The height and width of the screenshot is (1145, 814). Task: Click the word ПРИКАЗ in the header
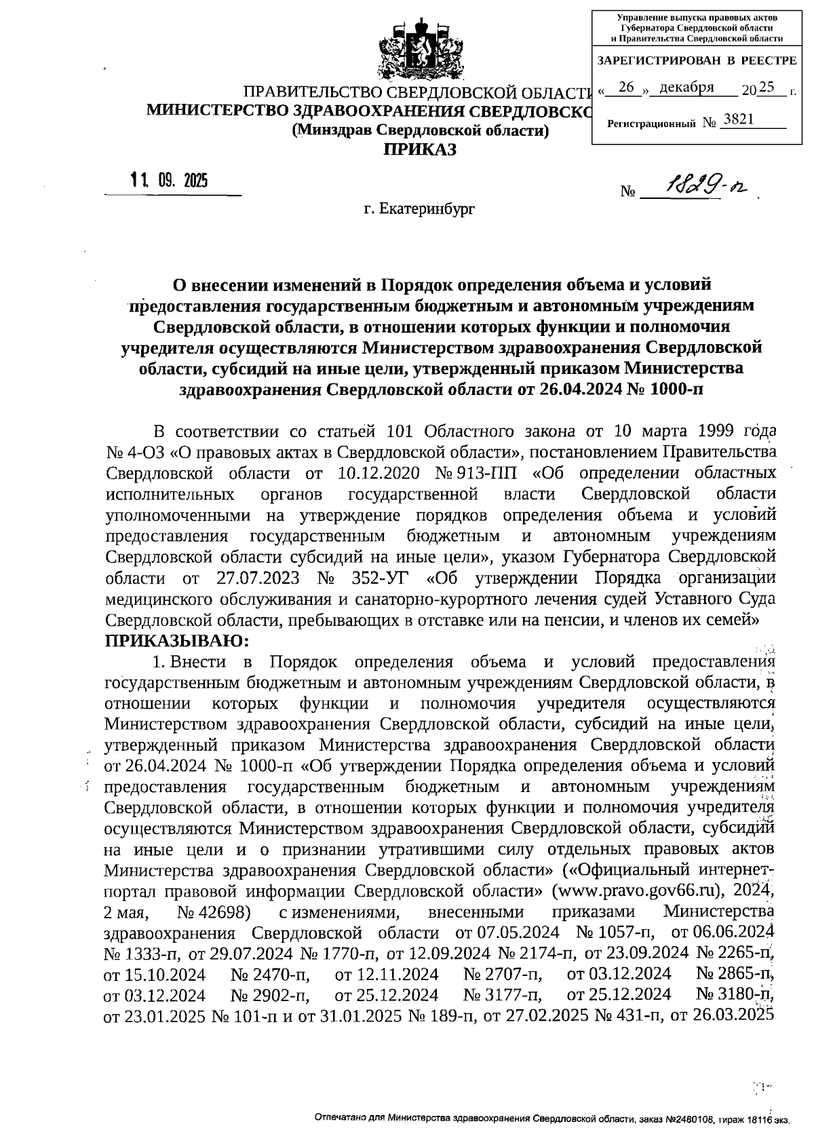(x=420, y=149)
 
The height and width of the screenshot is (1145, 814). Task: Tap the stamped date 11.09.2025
(x=170, y=181)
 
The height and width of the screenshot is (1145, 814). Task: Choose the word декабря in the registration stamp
(x=686, y=88)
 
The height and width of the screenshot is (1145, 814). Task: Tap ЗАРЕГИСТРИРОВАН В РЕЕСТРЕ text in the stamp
(x=696, y=60)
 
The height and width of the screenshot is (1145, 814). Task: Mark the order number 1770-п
(x=336, y=953)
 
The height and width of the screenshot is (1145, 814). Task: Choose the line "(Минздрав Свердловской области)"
(x=420, y=130)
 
